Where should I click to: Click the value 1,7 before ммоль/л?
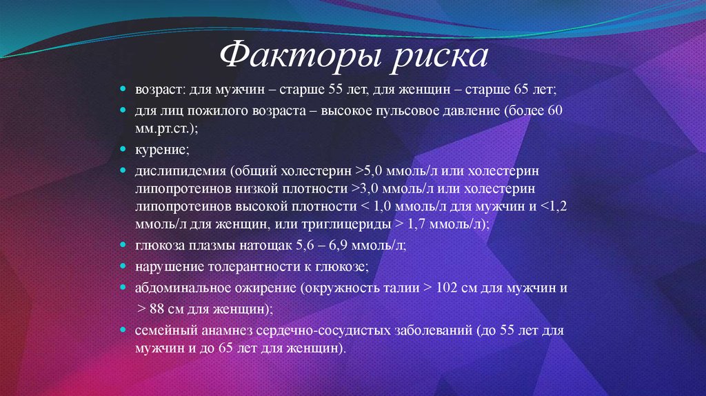pyautogui.click(x=419, y=225)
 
